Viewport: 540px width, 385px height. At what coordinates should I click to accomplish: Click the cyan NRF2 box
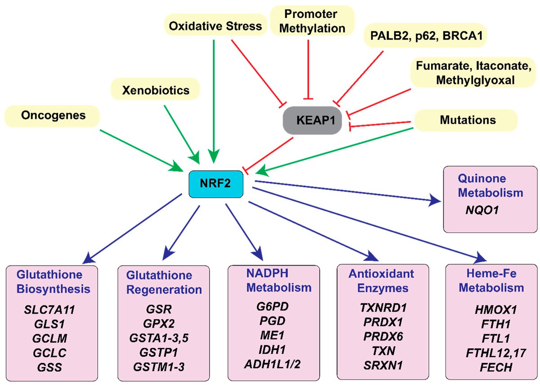pyautogui.click(x=216, y=184)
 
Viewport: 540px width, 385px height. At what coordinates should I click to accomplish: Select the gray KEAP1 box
pyautogui.click(x=312, y=121)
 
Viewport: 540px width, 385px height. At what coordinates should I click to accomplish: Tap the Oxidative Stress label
pyautogui.click(x=215, y=26)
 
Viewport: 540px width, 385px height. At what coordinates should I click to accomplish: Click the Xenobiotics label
pyautogui.click(x=156, y=90)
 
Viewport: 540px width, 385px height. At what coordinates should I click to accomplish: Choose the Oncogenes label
pyautogui.click(x=53, y=116)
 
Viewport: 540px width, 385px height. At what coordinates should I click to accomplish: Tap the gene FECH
pyautogui.click(x=490, y=367)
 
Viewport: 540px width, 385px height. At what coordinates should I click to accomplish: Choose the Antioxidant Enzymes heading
pyautogui.click(x=380, y=281)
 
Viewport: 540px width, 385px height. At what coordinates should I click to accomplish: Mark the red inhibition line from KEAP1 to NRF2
pyautogui.click(x=268, y=154)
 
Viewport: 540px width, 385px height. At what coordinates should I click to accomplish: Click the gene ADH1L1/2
pyautogui.click(x=273, y=363)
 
